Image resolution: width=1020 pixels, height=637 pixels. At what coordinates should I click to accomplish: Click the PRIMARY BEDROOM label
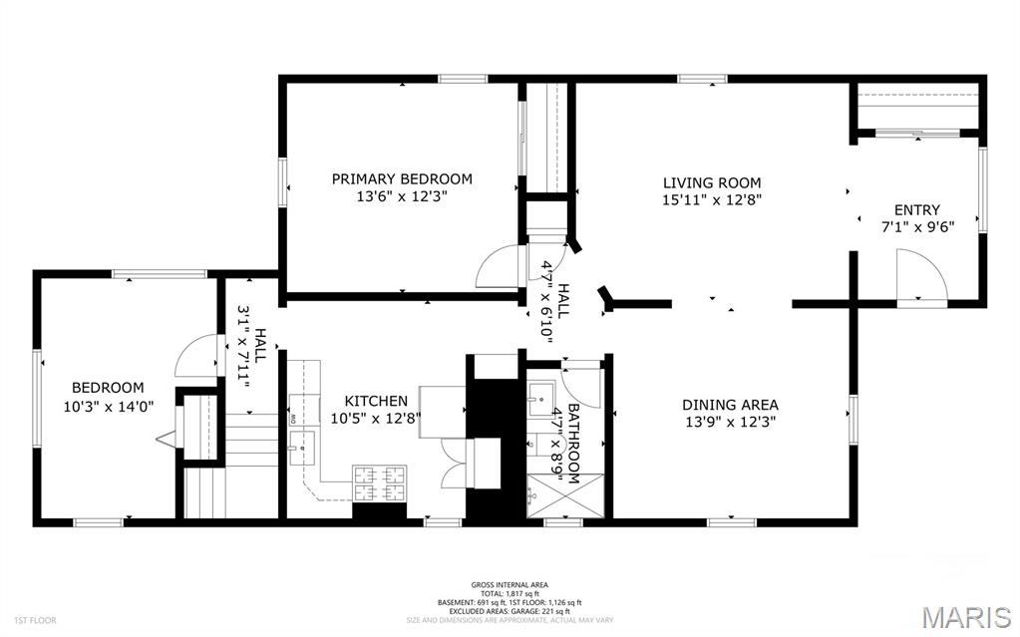click(x=402, y=179)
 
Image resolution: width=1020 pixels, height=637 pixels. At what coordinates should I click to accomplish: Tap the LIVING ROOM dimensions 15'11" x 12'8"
click(x=712, y=199)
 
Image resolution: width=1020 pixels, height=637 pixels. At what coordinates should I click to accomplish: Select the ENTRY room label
click(x=916, y=209)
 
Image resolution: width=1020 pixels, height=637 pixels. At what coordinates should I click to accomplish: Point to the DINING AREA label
click(x=730, y=405)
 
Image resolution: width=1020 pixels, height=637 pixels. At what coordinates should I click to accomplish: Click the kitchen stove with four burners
click(x=380, y=483)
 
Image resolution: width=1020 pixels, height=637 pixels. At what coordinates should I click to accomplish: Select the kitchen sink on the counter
click(x=298, y=448)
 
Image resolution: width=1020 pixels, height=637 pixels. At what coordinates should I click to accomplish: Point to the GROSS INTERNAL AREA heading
click(x=510, y=585)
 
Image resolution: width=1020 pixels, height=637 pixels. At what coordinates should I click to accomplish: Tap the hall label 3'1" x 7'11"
click(x=250, y=345)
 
